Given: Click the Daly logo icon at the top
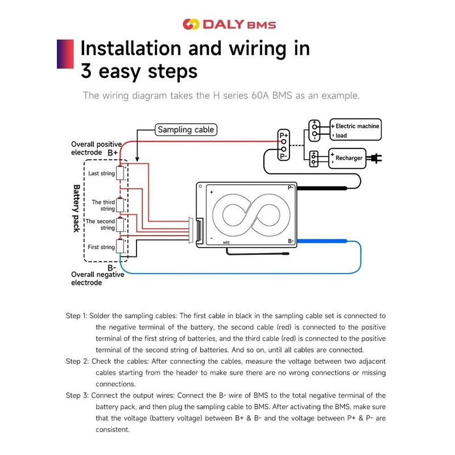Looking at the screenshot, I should tap(191, 24).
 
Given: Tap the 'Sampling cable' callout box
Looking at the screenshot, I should tap(185, 130).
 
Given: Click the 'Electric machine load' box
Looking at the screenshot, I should tap(356, 130).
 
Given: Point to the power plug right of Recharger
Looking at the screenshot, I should tap(376, 158).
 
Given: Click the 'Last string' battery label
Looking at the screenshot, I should tap(101, 173).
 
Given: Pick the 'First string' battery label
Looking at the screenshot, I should tap(101, 247).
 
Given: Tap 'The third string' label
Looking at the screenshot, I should tap(104, 205).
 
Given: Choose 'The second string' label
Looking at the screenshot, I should tap(100, 225).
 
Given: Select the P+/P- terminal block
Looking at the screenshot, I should tap(283, 146).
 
